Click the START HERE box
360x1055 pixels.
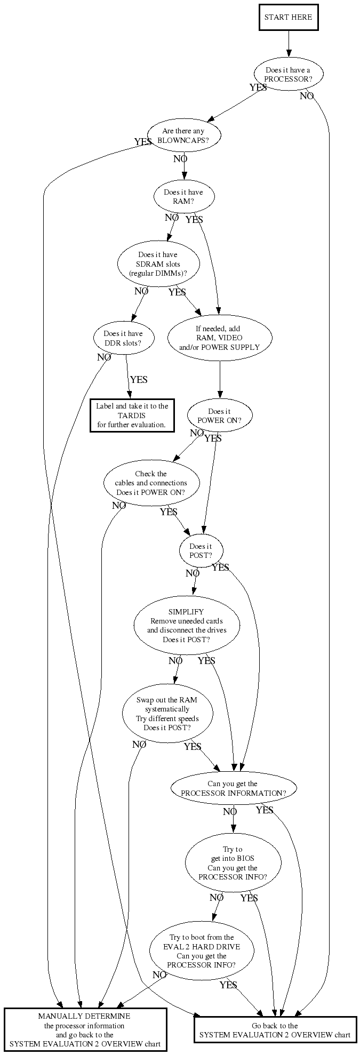288,17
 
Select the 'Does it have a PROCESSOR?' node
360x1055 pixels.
288,75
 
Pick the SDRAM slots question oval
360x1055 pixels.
158,264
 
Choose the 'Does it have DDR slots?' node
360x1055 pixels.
123,338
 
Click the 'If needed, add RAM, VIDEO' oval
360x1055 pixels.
219,338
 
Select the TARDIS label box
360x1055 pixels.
132,415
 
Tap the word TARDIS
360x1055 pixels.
132,415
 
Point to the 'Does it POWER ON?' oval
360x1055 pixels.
219,415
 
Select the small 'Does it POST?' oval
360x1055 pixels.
201,550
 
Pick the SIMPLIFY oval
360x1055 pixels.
186,626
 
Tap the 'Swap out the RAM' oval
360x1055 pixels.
167,714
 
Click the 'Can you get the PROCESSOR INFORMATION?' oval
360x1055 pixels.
233,788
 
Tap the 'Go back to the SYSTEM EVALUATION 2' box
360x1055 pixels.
275,1030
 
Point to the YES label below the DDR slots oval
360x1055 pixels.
139,380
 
